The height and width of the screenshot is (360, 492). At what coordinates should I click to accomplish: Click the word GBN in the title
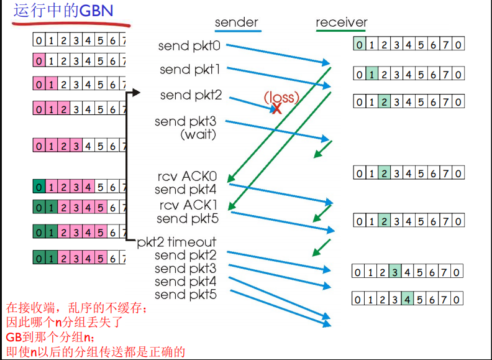[96, 11]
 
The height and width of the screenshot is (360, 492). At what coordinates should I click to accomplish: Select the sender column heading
[236, 22]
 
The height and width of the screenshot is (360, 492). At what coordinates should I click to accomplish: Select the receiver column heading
[341, 22]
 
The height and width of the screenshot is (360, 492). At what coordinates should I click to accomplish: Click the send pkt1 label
[189, 70]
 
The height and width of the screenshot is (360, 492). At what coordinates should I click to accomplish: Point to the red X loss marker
[276, 109]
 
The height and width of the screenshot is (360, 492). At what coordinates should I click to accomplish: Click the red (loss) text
[281, 97]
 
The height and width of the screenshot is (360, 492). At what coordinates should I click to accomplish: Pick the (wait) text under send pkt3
[198, 134]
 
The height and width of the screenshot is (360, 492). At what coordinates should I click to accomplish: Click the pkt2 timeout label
[176, 242]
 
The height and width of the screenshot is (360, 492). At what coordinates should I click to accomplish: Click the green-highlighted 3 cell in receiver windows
[394, 272]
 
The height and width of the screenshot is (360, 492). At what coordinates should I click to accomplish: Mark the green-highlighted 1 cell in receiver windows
[371, 74]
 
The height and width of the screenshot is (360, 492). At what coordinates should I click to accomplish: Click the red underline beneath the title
[71, 24]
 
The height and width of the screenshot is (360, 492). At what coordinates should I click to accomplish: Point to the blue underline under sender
[236, 31]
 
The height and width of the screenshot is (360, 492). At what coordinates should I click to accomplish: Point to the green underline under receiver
[341, 31]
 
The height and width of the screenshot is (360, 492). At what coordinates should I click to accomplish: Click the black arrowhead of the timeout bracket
[138, 94]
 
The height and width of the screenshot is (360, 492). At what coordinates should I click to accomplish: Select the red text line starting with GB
[50, 338]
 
